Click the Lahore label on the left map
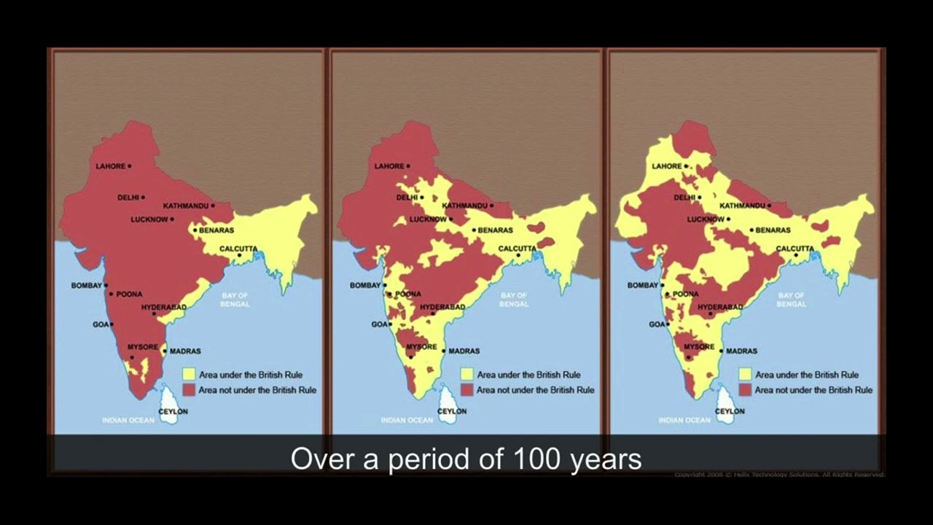click(110, 166)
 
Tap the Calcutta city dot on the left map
click(239, 255)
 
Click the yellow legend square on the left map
click(189, 374)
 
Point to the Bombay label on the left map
click(86, 285)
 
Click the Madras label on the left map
click(185, 351)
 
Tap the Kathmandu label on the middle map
click(464, 206)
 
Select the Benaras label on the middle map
click(495, 230)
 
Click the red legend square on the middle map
click(467, 390)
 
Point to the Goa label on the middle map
click(378, 324)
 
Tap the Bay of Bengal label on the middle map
click(514, 299)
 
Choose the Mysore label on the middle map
click(421, 346)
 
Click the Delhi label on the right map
click(684, 198)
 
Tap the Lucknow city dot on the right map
click(727, 219)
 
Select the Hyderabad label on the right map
click(720, 307)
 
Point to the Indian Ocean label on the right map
click(684, 420)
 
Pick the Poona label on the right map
click(685, 294)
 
